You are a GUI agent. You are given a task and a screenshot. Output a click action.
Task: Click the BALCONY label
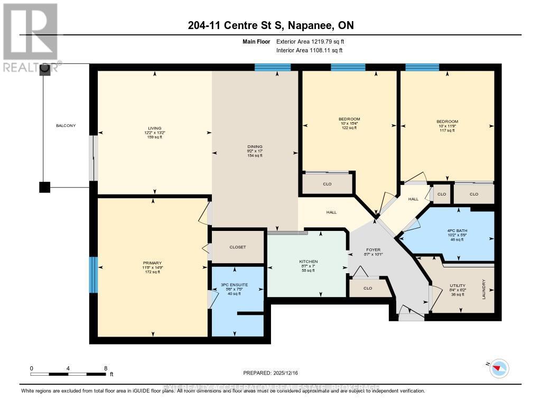point(66,125)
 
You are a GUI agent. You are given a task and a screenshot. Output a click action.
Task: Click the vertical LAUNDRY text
point(483,290)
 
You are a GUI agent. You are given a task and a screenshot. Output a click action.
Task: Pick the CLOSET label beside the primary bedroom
point(237,247)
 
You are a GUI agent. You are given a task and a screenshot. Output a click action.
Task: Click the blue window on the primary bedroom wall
point(93,275)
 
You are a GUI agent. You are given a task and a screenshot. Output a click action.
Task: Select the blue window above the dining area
point(273,67)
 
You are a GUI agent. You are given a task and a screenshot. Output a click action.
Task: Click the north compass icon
point(499,368)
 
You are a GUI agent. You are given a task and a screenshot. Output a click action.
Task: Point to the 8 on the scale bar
point(106,368)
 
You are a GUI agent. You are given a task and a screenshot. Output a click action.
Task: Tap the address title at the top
point(270,25)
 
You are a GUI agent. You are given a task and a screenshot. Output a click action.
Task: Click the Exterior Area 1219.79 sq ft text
point(310,41)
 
